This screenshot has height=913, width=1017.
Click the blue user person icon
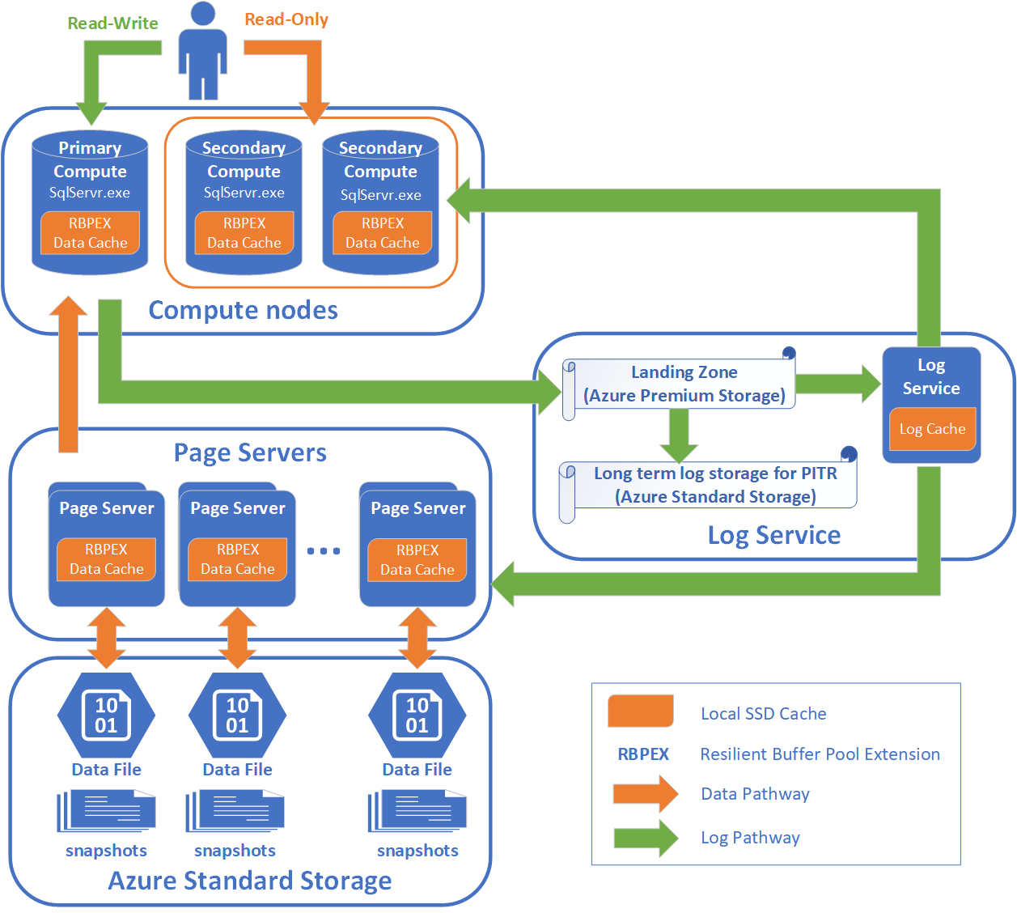tap(202, 50)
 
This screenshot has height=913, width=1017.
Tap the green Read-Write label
tap(112, 23)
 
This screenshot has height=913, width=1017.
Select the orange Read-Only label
tap(286, 19)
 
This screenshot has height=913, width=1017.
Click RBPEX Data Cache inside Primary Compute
tap(90, 233)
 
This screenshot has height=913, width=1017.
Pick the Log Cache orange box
tap(932, 429)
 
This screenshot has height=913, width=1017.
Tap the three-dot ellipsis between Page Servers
tap(324, 551)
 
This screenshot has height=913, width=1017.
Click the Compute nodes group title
tap(243, 310)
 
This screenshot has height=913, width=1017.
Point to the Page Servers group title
tap(250, 452)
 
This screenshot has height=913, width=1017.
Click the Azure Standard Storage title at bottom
tap(250, 881)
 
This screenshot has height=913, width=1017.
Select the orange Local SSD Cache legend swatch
tap(641, 711)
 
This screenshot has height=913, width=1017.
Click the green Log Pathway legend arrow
tap(645, 838)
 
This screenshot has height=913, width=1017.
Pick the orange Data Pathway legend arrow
tap(645, 794)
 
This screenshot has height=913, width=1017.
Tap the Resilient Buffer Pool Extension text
tap(820, 754)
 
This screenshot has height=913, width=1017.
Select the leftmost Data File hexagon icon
tap(106, 715)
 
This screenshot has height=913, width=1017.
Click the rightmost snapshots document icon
tap(417, 811)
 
